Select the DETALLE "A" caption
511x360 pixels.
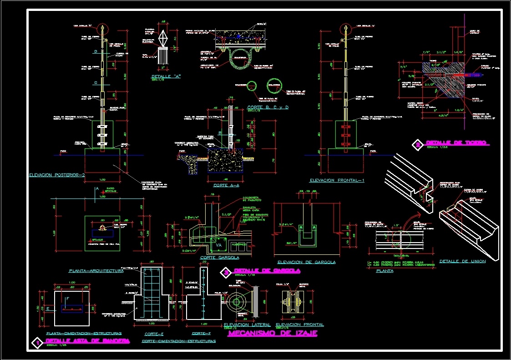coord(166,76)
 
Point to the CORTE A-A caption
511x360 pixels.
coord(226,186)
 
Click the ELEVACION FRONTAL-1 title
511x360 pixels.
coord(338,181)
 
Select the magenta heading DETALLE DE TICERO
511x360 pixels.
coord(457,143)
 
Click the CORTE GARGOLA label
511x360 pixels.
coord(219,258)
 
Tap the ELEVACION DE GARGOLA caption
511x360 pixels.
coord(307,262)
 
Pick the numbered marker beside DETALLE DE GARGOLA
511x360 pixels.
coord(225,273)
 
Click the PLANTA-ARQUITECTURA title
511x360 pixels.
coord(96,271)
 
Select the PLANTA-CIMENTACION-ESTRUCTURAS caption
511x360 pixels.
coord(84,334)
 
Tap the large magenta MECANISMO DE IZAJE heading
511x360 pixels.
coord(272,334)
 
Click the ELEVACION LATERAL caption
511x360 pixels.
coord(247,325)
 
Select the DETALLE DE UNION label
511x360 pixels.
coord(462,261)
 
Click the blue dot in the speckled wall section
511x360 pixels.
coord(238,35)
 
